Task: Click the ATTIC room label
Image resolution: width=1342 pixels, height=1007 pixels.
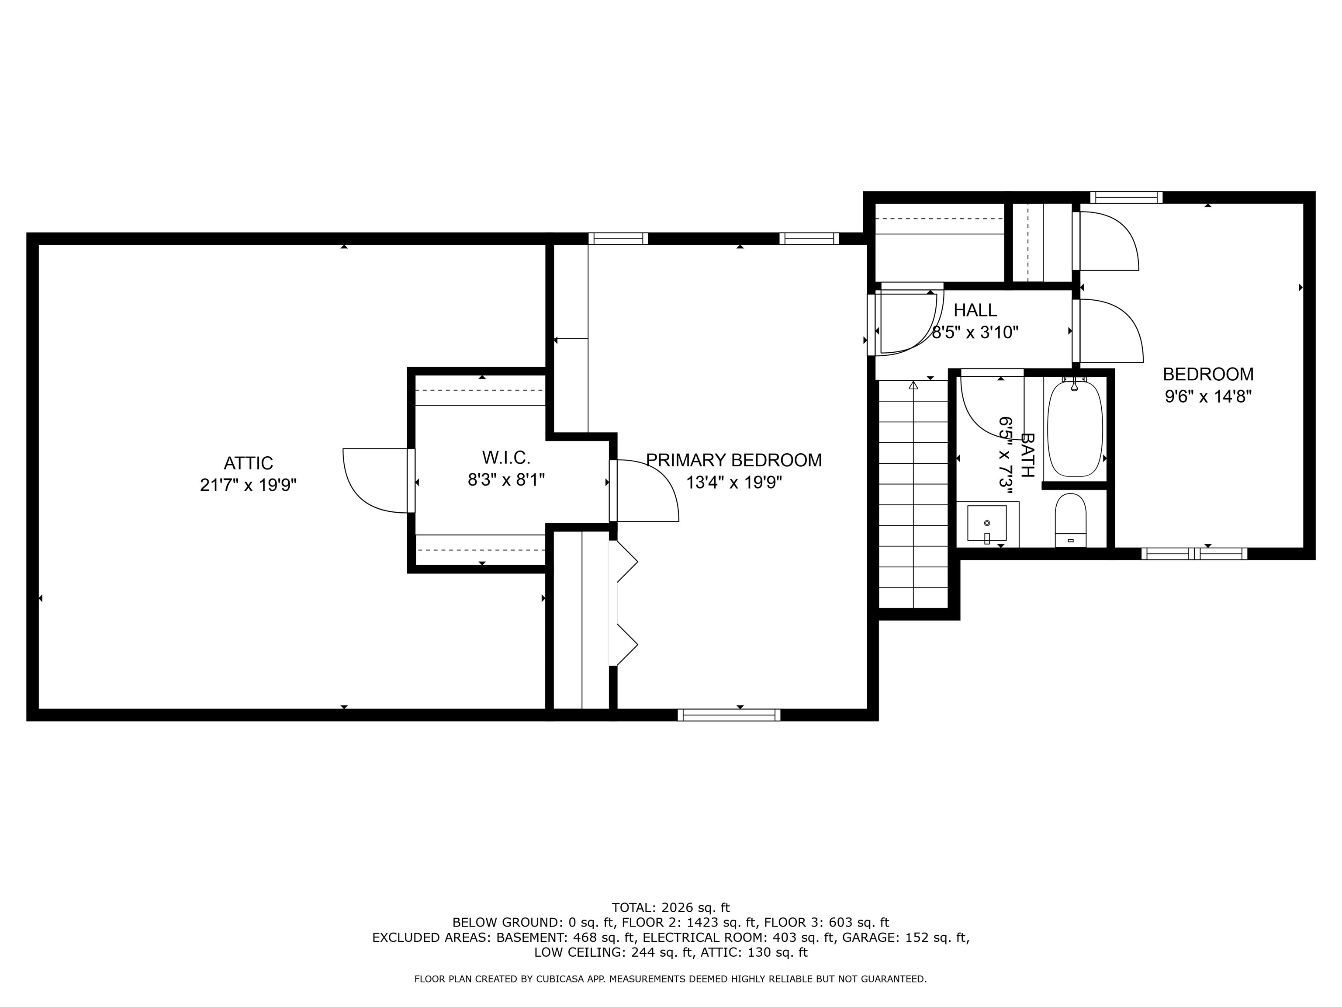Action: (248, 463)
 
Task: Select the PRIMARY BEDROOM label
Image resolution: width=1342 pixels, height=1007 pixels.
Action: (733, 460)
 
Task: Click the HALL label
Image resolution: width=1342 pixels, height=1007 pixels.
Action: (975, 310)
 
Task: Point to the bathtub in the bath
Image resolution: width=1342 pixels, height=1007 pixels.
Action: (1075, 428)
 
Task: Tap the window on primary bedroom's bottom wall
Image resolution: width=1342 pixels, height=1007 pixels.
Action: (729, 715)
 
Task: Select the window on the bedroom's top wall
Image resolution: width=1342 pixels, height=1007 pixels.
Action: (1126, 197)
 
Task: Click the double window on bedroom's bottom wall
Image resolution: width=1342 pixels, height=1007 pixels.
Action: (1194, 554)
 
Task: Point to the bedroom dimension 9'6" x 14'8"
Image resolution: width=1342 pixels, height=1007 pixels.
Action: (1208, 396)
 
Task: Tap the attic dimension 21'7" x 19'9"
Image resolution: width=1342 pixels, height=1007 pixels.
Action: (248, 486)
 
